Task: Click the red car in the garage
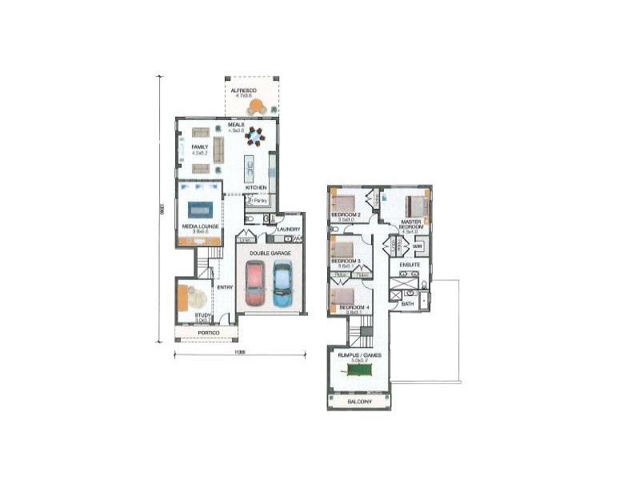coord(254,284)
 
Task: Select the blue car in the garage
coord(282,284)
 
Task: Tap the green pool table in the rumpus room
coord(358,370)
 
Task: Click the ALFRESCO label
coord(243,91)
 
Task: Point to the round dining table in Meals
coord(254,136)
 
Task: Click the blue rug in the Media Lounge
coord(200,210)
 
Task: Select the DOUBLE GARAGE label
coord(270,253)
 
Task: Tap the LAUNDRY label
coord(288,230)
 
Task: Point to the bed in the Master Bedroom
coord(415,206)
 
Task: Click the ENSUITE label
coord(410,263)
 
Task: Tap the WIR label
coord(418,246)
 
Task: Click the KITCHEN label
coord(256,188)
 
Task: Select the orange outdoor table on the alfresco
coord(256,107)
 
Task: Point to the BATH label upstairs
coord(408,304)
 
